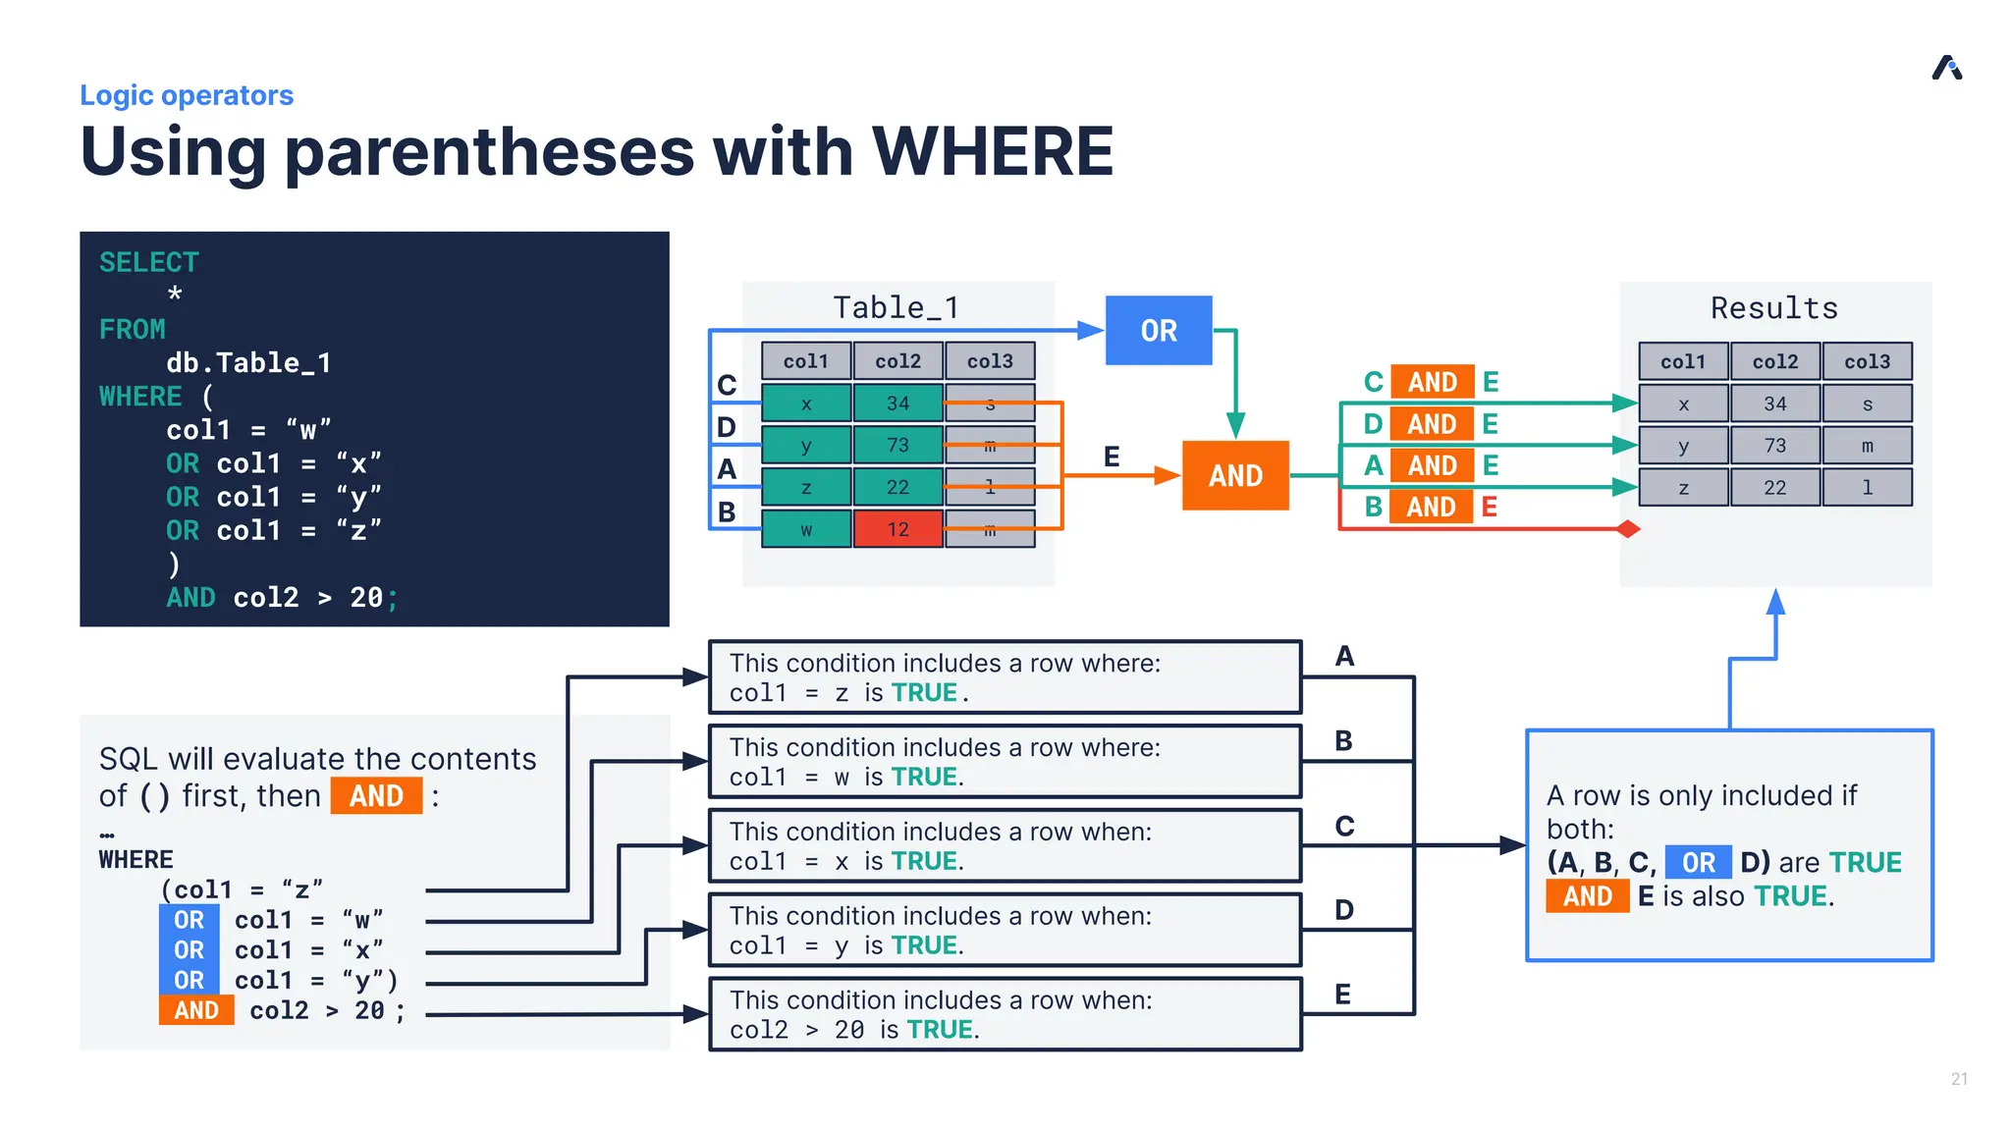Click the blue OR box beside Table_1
point(1159,331)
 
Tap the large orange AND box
point(1235,475)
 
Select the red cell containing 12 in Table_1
point(897,529)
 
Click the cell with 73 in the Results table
point(1774,446)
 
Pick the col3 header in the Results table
point(1867,361)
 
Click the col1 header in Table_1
point(805,361)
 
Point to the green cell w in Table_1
point(805,529)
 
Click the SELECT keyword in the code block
point(149,262)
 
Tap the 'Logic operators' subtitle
point(187,95)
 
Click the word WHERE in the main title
point(992,152)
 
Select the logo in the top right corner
point(1947,68)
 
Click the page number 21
point(1959,1078)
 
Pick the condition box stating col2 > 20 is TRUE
point(1005,1014)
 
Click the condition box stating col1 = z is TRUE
point(1005,677)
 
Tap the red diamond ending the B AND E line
point(1628,529)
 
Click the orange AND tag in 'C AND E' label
point(1432,382)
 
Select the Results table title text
point(1773,308)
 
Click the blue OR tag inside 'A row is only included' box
point(1698,863)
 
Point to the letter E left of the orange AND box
point(1112,457)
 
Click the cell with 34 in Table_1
point(897,404)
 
